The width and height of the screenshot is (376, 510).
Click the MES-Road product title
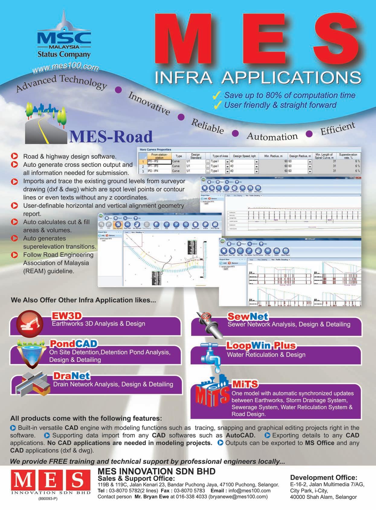click(111, 137)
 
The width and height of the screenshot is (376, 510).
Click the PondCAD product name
click(73, 344)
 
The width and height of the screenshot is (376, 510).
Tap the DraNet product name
click(72, 376)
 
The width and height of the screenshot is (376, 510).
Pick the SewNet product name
click(248, 317)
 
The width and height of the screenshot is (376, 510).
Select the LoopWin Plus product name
click(261, 346)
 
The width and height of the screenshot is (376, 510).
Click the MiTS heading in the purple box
click(245, 384)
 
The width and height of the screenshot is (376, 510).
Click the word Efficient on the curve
click(337, 128)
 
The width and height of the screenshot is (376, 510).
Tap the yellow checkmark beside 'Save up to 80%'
click(217, 95)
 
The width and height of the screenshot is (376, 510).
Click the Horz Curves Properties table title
click(155, 150)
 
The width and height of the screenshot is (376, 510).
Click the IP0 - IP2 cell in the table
click(155, 161)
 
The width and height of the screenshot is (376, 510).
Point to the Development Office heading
click(323, 478)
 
